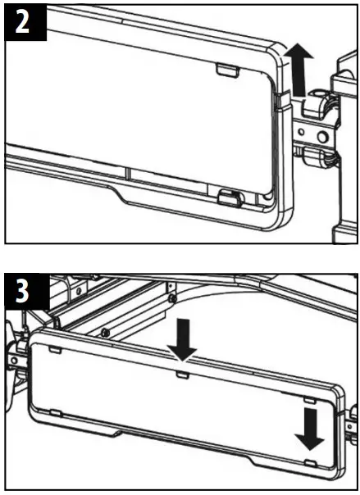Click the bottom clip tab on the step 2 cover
coord(230,196)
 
